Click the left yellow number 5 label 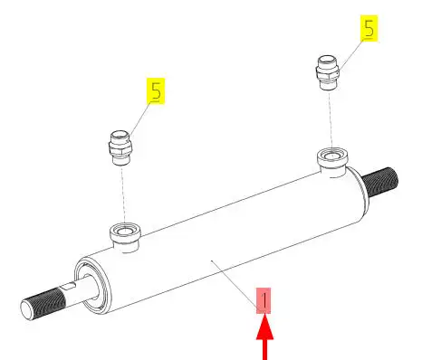[x=156, y=91]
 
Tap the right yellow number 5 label [x=369, y=28]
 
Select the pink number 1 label [x=264, y=300]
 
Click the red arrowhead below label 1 [x=265, y=327]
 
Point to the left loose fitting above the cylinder [x=120, y=147]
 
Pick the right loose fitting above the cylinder [x=328, y=72]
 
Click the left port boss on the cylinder [x=125, y=238]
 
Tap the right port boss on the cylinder [x=332, y=162]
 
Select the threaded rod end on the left [x=43, y=304]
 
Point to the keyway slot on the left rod [x=69, y=285]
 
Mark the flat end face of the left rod [x=26, y=309]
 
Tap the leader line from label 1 [x=235, y=282]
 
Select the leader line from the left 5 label [x=139, y=118]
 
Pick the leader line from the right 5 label [x=350, y=55]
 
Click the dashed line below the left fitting [x=123, y=195]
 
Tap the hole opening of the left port [x=125, y=232]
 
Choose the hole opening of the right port [x=332, y=156]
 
